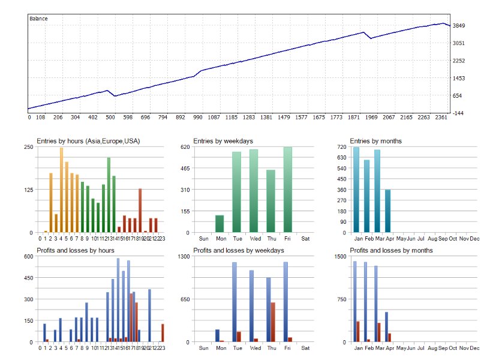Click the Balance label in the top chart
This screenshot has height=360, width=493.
(x=38, y=19)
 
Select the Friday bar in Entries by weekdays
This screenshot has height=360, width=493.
(x=288, y=190)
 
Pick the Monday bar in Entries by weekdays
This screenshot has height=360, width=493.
(x=220, y=224)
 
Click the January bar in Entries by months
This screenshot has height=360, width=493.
(x=356, y=190)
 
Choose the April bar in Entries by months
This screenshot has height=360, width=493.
(x=387, y=211)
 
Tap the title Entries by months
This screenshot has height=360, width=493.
(x=376, y=141)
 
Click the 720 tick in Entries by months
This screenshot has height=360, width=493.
(x=342, y=147)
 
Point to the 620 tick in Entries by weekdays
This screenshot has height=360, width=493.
(x=184, y=147)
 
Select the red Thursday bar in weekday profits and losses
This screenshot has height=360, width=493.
(x=273, y=322)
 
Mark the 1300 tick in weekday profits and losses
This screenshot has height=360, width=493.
(x=182, y=256)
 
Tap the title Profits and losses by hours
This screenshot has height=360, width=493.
(x=76, y=250)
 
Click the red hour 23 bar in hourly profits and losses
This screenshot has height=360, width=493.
(x=163, y=333)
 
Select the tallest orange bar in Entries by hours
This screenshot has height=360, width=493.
(x=61, y=190)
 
